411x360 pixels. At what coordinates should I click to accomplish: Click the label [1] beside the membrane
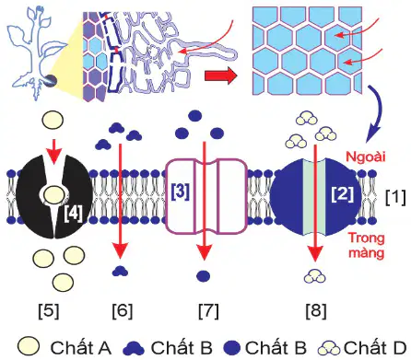click(395, 197)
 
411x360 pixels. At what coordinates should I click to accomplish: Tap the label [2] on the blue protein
click(343, 194)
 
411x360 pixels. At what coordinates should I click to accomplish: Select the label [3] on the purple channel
click(181, 192)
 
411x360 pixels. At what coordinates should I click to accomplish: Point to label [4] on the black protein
click(74, 214)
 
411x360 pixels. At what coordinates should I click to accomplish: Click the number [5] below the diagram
click(49, 311)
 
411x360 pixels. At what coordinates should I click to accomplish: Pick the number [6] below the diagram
click(123, 311)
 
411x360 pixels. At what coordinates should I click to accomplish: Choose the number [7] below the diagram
click(208, 311)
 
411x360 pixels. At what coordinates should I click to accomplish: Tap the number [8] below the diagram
click(316, 311)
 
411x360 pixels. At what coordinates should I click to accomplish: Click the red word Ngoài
click(366, 157)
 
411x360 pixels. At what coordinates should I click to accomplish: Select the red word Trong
click(367, 238)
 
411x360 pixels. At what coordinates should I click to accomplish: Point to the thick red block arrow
click(221, 75)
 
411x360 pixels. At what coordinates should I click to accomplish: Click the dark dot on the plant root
click(51, 80)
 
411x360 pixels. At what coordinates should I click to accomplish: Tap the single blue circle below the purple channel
click(203, 275)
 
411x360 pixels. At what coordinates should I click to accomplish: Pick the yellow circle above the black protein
click(53, 120)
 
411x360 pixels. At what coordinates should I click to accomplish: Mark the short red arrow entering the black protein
click(54, 151)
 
